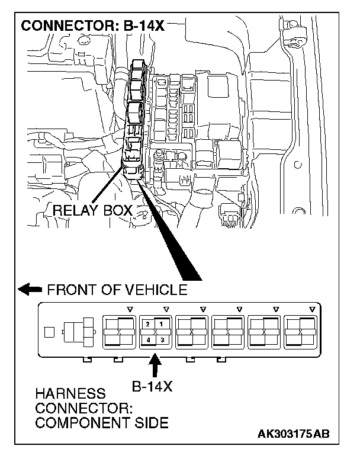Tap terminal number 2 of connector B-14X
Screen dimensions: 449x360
[147, 324]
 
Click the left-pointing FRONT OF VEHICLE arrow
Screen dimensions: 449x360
[30, 290]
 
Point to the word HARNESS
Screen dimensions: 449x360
[63, 394]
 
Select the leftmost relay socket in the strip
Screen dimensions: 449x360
[120, 332]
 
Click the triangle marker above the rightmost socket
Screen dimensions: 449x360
[311, 309]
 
